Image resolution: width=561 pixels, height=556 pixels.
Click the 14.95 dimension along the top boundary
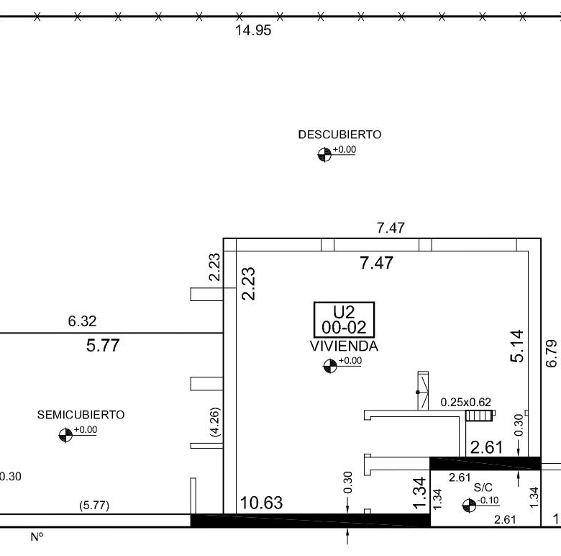[253, 30]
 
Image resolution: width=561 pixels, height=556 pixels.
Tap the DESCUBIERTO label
[339, 135]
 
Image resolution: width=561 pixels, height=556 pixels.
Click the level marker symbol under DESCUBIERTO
[324, 155]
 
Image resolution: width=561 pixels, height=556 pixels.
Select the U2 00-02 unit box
[345, 320]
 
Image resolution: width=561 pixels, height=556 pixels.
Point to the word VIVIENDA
[344, 346]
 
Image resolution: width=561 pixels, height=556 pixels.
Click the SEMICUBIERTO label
[81, 415]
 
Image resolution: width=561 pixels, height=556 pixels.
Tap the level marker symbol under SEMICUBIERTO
[65, 435]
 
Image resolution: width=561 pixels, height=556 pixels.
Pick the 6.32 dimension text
[82, 321]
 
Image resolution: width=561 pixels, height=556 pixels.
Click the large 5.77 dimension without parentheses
[103, 346]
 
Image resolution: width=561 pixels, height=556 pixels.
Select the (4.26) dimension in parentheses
[215, 422]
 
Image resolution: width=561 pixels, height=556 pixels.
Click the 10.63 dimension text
[261, 503]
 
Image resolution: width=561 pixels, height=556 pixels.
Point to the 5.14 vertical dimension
[517, 346]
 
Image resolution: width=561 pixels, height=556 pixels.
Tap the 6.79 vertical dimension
[552, 354]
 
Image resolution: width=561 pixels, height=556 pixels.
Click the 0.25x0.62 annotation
[465, 403]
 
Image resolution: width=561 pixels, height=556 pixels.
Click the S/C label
[483, 487]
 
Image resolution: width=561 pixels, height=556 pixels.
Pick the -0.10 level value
[488, 500]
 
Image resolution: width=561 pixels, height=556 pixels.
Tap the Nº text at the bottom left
[37, 537]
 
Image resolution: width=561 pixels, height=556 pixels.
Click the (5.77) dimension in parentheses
[94, 506]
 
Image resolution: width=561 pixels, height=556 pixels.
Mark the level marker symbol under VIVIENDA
[330, 366]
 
